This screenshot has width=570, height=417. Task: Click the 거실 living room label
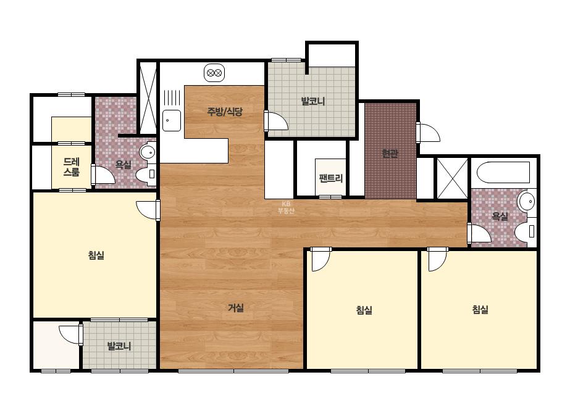(x=235, y=308)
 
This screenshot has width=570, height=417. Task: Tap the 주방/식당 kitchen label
(x=225, y=112)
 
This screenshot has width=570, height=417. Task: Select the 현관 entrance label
(x=390, y=153)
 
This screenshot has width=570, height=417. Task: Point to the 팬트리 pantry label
(x=331, y=178)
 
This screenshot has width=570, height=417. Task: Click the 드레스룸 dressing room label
(x=72, y=167)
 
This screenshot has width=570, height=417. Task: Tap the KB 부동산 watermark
(x=286, y=207)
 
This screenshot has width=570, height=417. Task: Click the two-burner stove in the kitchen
(x=214, y=73)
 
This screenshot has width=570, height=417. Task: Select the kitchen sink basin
(x=172, y=120)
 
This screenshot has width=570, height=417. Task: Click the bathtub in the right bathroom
(x=504, y=172)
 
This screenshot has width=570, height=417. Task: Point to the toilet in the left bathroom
(x=146, y=175)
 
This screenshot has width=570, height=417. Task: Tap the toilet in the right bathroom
(x=526, y=231)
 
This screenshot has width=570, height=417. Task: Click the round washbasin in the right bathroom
(x=526, y=201)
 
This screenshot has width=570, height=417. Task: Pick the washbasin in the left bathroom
(x=148, y=152)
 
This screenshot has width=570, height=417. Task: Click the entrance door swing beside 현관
(x=428, y=133)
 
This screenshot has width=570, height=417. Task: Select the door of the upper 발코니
(x=276, y=121)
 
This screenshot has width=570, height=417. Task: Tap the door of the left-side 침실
(x=148, y=210)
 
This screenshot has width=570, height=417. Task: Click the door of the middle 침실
(x=321, y=259)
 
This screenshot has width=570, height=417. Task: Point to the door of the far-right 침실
(x=437, y=259)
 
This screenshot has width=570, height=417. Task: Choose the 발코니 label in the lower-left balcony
(x=119, y=346)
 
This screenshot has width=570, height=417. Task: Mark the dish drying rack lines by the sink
(x=172, y=97)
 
